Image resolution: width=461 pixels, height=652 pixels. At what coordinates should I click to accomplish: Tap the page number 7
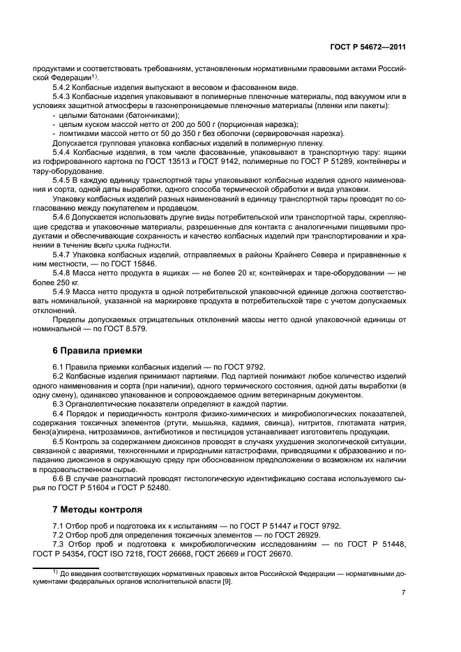tap(404, 593)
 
